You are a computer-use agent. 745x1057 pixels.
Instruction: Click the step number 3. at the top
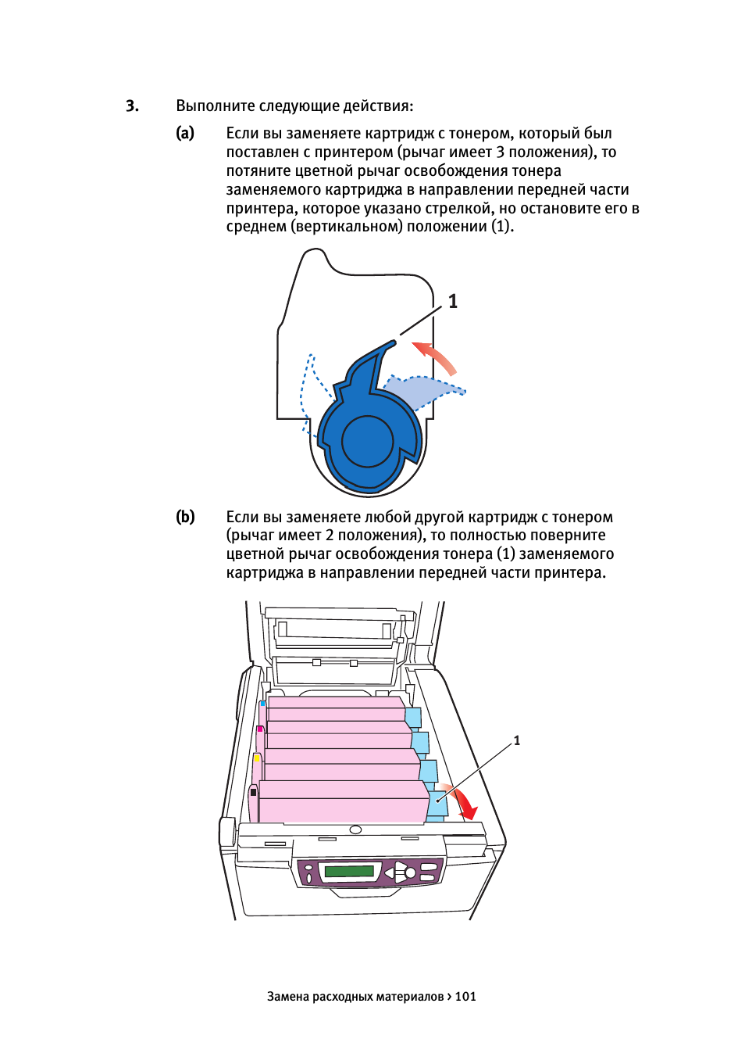click(x=132, y=106)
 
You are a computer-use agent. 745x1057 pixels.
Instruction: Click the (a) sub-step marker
click(x=185, y=134)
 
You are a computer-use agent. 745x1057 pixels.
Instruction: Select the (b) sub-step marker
click(x=185, y=517)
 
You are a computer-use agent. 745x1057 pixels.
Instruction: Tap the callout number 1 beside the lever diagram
click(x=453, y=301)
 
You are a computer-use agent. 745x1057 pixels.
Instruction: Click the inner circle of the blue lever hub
click(x=367, y=441)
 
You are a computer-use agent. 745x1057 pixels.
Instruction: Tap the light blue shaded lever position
click(x=419, y=390)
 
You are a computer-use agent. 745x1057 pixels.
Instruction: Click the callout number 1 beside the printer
click(x=516, y=740)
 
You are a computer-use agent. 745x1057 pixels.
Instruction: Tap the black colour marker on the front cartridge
click(x=254, y=792)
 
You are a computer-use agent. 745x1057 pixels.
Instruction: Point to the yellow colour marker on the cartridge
click(x=257, y=758)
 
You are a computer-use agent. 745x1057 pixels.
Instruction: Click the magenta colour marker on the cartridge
click(x=259, y=729)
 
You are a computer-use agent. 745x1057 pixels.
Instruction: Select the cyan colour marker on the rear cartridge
click(x=262, y=703)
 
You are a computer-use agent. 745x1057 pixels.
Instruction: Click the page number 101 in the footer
click(x=465, y=997)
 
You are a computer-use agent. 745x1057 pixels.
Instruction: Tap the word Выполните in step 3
click(x=216, y=106)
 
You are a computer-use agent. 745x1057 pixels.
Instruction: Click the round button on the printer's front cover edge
click(x=356, y=829)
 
